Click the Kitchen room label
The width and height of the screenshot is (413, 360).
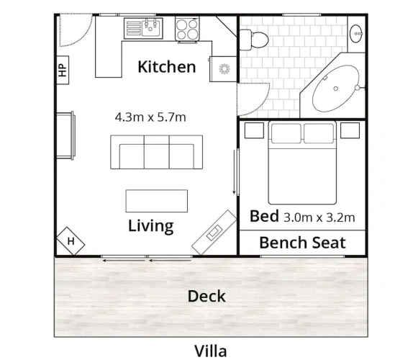[x=167, y=67]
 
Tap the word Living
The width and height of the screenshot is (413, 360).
[x=151, y=226]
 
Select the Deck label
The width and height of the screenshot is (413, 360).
[x=206, y=296]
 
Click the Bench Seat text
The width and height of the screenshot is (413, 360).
[x=302, y=243]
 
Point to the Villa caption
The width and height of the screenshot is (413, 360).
[x=210, y=351]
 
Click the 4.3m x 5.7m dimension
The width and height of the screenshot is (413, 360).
[x=150, y=117]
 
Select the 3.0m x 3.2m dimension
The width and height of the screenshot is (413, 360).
[x=319, y=217]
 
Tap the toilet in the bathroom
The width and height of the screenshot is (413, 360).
[x=254, y=40]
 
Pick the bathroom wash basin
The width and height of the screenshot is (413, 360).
[x=356, y=33]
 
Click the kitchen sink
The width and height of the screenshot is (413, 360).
[x=150, y=27]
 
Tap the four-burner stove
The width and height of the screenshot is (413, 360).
[x=187, y=29]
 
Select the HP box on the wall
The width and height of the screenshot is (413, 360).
[x=63, y=70]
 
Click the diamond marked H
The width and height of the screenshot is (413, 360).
[x=71, y=241]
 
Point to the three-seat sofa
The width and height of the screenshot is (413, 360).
[x=156, y=152]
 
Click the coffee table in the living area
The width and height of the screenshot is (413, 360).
[x=157, y=201]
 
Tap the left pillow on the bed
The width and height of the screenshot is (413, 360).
[x=286, y=133]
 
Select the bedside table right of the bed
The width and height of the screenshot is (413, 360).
[x=350, y=130]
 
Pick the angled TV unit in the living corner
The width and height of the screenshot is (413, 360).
[x=214, y=233]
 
